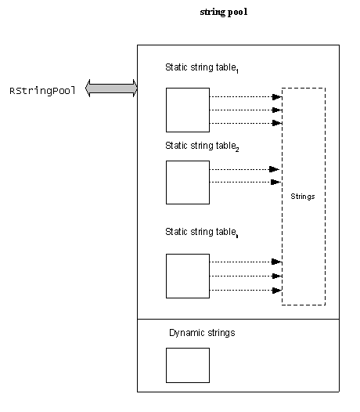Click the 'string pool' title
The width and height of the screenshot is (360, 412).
pyautogui.click(x=224, y=12)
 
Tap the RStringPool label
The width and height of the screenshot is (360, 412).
pyautogui.click(x=42, y=91)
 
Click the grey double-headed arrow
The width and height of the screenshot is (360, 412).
pyautogui.click(x=111, y=88)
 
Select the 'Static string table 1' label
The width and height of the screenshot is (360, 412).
pyautogui.click(x=202, y=68)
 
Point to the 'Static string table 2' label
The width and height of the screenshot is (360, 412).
pyautogui.click(x=202, y=146)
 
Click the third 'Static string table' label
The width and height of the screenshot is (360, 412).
pyautogui.click(x=202, y=233)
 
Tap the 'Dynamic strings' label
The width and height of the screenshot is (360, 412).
pyautogui.click(x=202, y=333)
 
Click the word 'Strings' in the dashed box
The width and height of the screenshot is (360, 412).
pyautogui.click(x=303, y=197)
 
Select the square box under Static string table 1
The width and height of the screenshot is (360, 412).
pyautogui.click(x=188, y=110)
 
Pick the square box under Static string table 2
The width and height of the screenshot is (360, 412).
pyautogui.click(x=188, y=183)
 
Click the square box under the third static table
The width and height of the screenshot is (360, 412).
pyautogui.click(x=188, y=276)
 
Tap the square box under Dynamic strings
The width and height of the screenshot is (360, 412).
pyautogui.click(x=188, y=365)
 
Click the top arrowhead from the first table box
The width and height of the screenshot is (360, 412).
pyautogui.click(x=277, y=97)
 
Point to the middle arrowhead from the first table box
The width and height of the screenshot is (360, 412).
pyautogui.click(x=277, y=110)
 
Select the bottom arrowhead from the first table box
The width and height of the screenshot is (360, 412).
pyautogui.click(x=277, y=123)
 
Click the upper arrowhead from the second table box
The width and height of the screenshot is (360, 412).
pyautogui.click(x=275, y=169)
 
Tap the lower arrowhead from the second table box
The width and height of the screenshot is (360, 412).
pyautogui.click(x=275, y=182)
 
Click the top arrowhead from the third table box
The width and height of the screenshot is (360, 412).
pyautogui.click(x=276, y=262)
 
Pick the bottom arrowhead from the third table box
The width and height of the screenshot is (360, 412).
pyautogui.click(x=277, y=291)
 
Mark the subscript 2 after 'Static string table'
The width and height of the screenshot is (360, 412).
pyautogui.click(x=237, y=150)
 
